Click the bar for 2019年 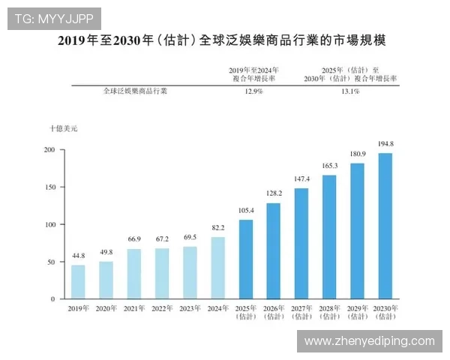click(x=78, y=282)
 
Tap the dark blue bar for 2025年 click(x=245, y=259)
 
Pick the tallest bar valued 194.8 click(x=385, y=226)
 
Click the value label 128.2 click(x=273, y=193)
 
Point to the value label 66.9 click(x=133, y=239)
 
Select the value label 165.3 click(x=329, y=165)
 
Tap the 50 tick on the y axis click(x=50, y=262)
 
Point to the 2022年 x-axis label click(x=161, y=307)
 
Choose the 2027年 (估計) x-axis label click(x=301, y=312)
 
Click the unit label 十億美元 click(x=63, y=129)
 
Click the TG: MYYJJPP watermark click(x=53, y=18)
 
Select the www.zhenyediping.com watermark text click(x=369, y=341)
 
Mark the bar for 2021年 click(x=133, y=274)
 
